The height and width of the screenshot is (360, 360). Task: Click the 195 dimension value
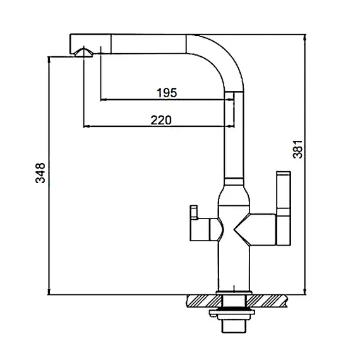click(167, 93)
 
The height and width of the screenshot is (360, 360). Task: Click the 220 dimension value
click(161, 120)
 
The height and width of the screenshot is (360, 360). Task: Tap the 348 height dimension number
click(40, 172)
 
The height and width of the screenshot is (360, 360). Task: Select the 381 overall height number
click(297, 149)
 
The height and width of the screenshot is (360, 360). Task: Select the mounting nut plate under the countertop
click(232, 313)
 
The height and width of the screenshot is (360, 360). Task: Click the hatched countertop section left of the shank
click(204, 301)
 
